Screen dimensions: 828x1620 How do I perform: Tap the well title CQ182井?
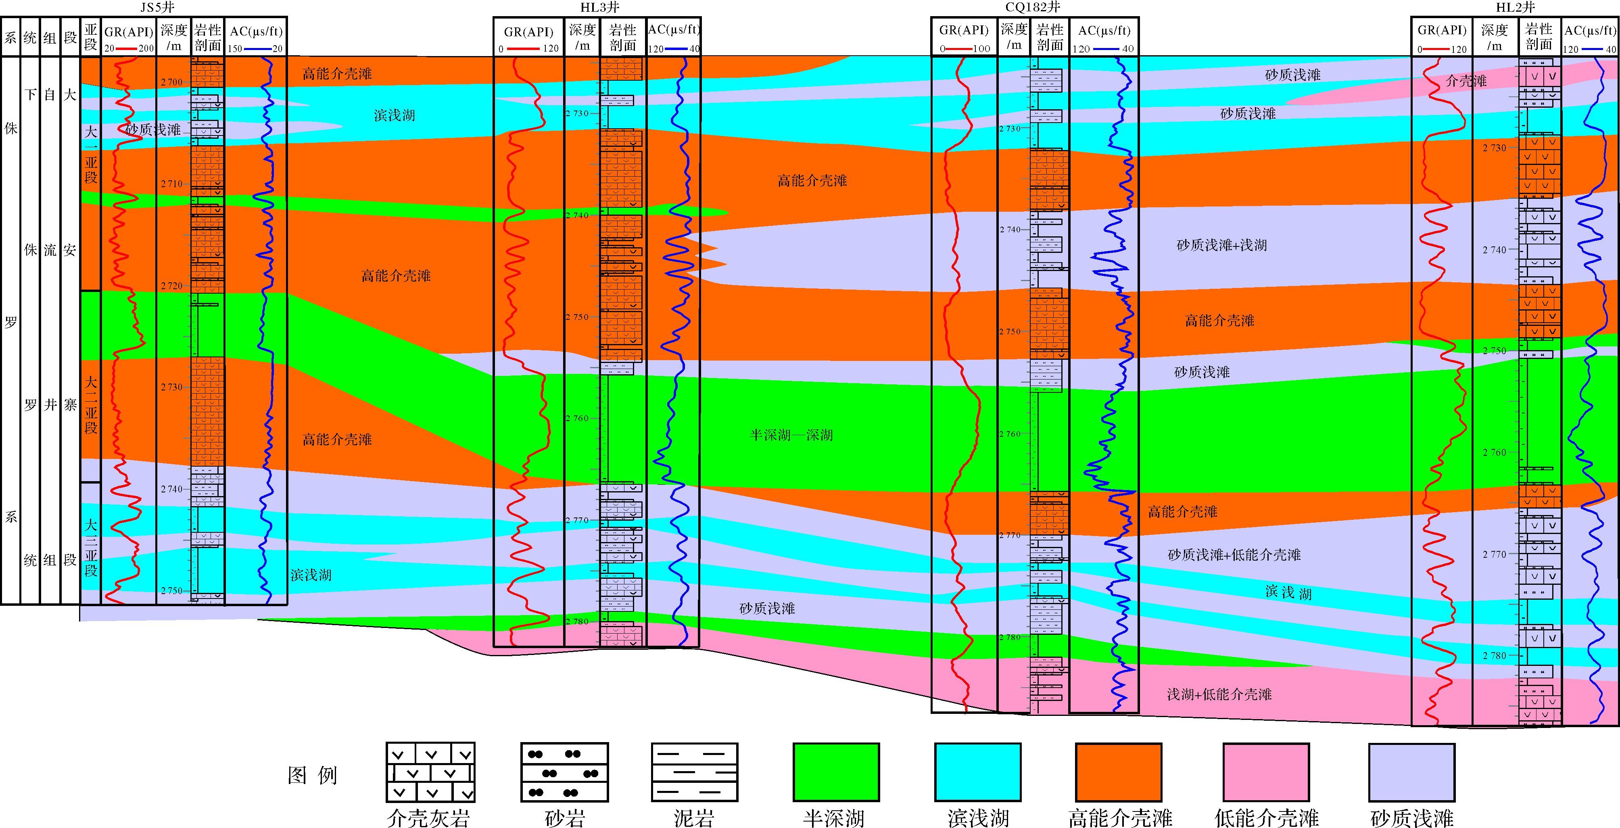tap(1033, 8)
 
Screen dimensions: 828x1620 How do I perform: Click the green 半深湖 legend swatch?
tap(836, 772)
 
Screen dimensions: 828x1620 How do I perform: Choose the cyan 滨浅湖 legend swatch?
tap(977, 772)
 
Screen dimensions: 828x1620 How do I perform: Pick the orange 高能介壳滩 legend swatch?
tap(1118, 772)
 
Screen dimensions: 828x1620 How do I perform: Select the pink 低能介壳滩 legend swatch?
tap(1266, 772)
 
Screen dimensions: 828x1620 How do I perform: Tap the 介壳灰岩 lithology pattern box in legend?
tap(430, 772)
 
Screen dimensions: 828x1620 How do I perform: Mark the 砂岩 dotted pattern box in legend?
tap(564, 772)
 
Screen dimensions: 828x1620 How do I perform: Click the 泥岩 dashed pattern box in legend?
tap(694, 772)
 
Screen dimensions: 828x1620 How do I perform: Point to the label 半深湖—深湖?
tap(791, 435)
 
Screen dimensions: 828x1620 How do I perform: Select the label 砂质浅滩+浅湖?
tap(1221, 245)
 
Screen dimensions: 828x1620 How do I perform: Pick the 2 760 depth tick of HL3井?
tap(577, 418)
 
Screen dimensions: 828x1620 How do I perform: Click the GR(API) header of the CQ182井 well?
tap(963, 30)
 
